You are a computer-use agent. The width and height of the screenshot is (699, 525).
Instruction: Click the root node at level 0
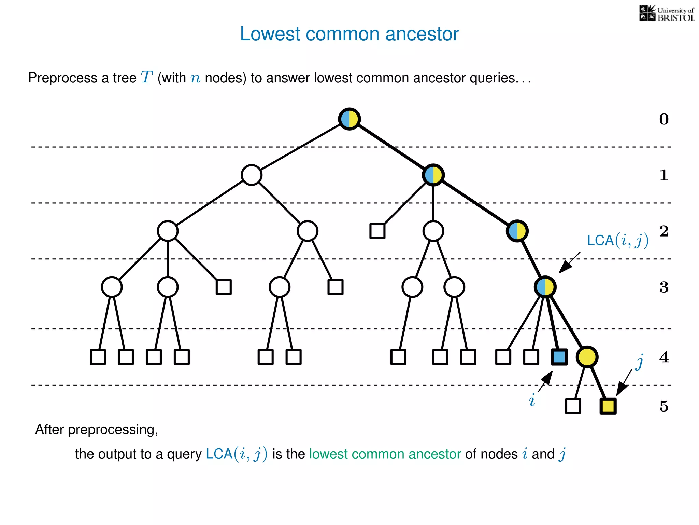349,119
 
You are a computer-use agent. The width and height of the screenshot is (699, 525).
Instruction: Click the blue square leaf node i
559,357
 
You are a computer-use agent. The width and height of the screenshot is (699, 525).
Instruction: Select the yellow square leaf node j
608,406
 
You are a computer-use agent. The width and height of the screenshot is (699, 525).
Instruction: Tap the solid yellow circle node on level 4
587,357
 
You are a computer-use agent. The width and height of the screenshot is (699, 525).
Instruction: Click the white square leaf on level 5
573,406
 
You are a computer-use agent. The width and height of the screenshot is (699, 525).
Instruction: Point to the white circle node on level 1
252,175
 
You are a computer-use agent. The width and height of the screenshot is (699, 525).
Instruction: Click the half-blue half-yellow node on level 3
545,287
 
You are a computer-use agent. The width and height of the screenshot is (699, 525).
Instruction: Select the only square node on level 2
377,231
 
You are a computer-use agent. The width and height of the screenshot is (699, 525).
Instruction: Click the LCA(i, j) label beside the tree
617,240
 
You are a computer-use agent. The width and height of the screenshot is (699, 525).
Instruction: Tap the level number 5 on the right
664,406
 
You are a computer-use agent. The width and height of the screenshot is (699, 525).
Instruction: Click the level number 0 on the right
664,119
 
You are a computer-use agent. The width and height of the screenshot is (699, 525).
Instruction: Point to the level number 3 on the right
664,287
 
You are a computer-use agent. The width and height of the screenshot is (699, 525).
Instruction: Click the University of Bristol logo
667,14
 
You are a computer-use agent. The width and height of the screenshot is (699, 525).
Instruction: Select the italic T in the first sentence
146,77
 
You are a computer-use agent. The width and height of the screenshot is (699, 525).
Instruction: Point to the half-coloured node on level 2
517,231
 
